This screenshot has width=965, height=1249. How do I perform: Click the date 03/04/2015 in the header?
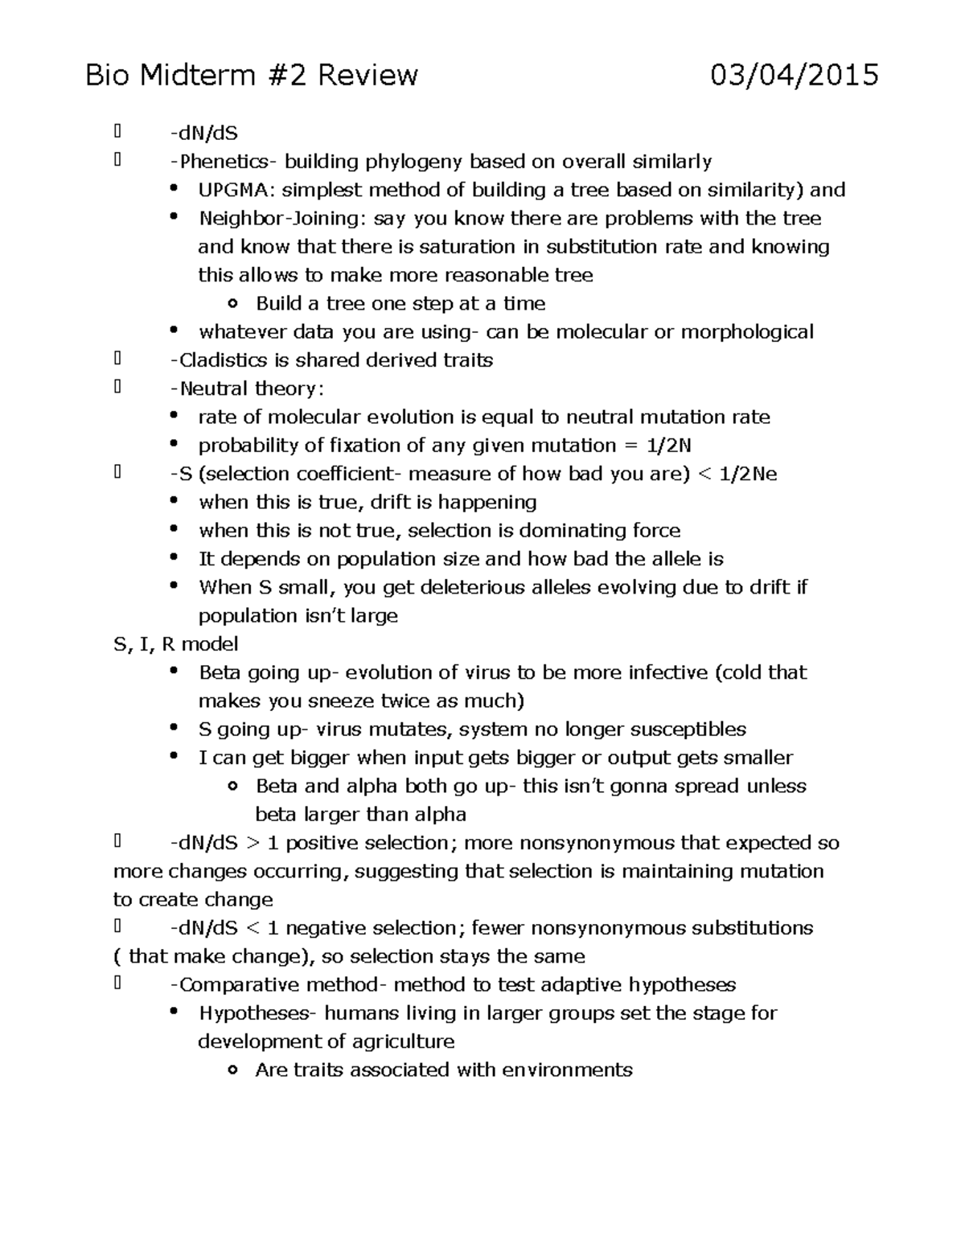[x=794, y=76]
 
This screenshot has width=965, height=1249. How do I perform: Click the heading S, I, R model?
[x=176, y=644]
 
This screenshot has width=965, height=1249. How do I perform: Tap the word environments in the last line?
[x=567, y=1070]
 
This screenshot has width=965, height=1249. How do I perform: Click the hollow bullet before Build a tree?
[x=233, y=304]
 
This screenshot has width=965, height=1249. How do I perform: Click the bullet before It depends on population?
[x=175, y=558]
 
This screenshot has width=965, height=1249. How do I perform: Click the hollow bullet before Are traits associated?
[x=233, y=1070]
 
